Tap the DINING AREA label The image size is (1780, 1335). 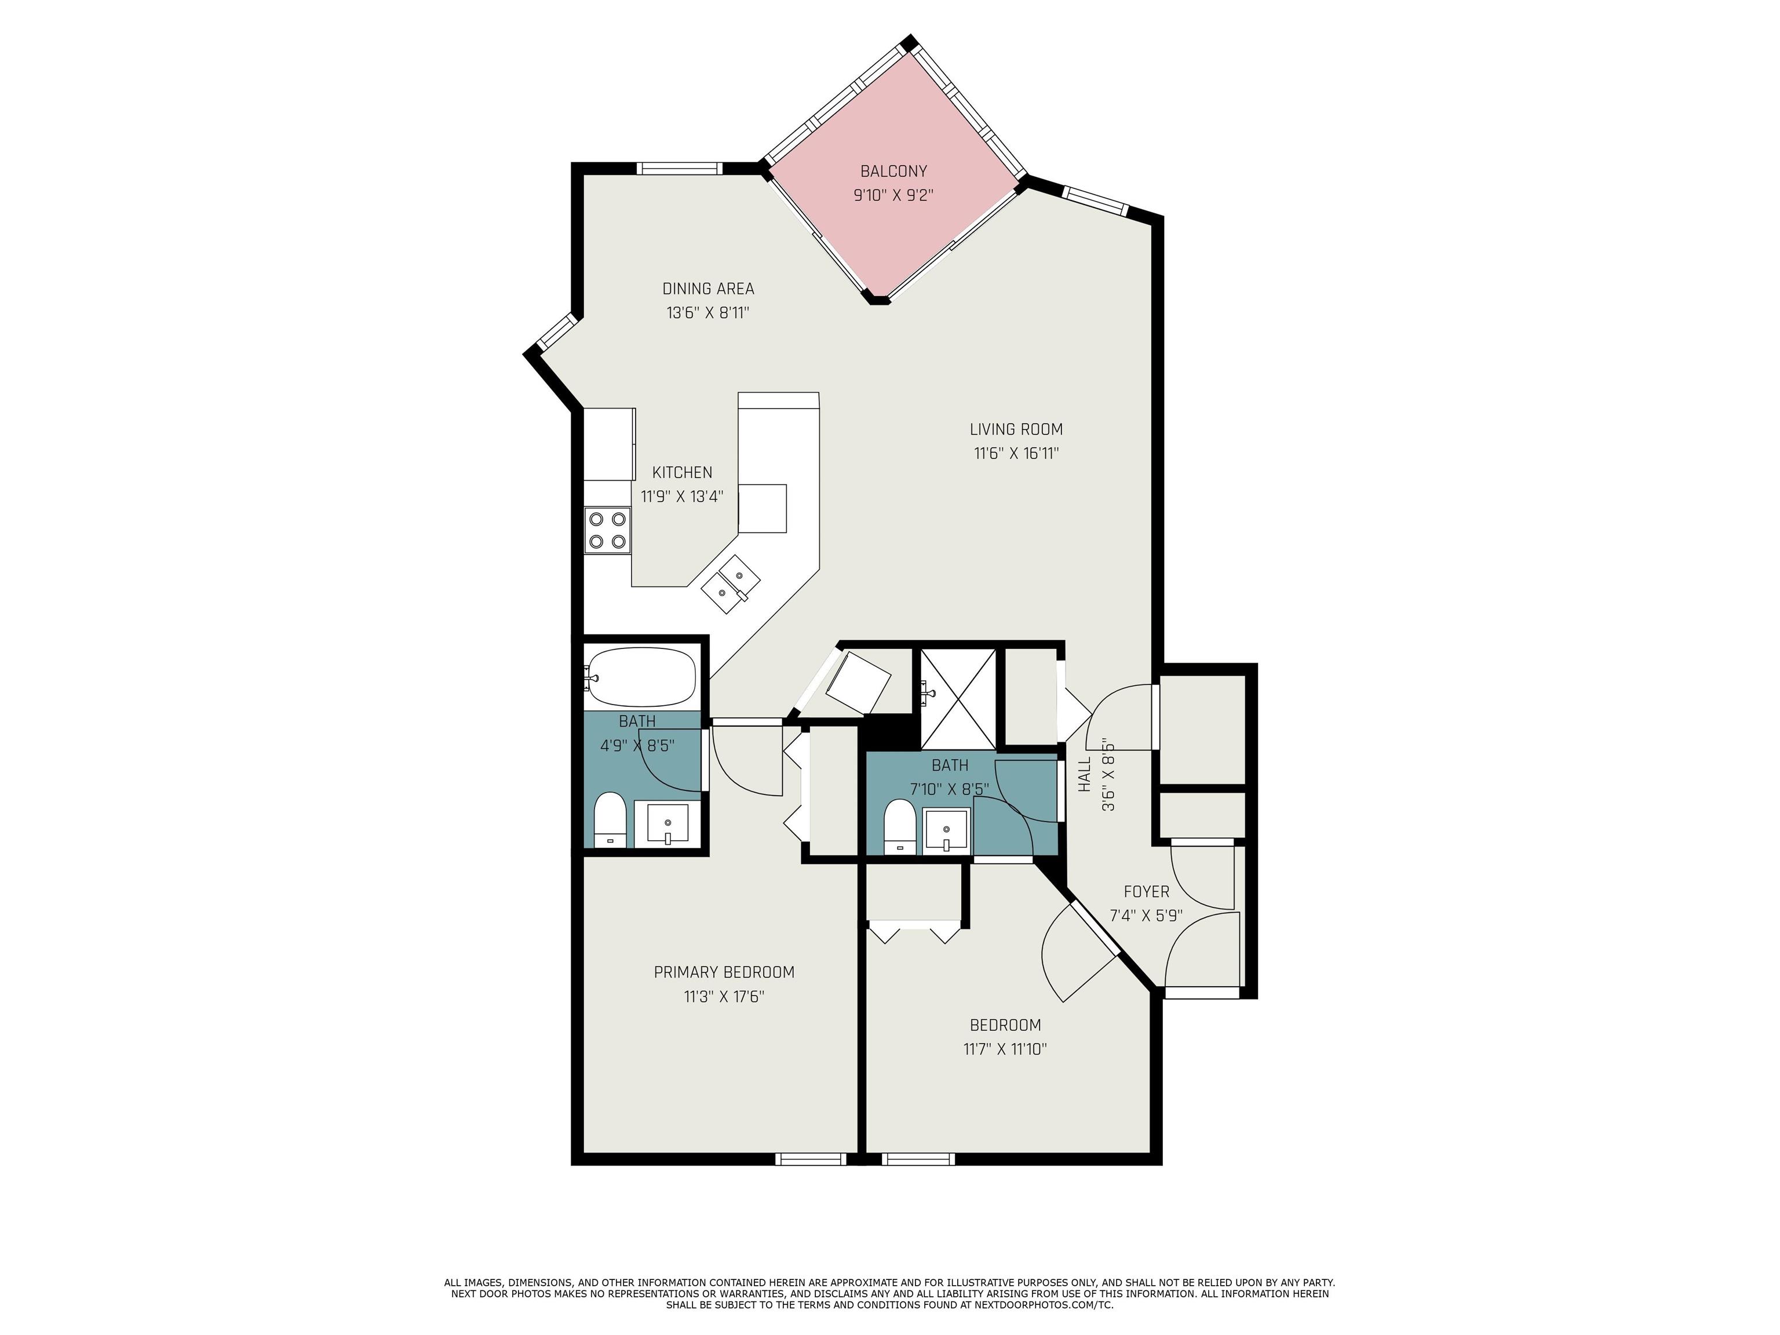pyautogui.click(x=708, y=288)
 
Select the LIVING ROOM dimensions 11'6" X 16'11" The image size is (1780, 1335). pyautogui.click(x=1016, y=453)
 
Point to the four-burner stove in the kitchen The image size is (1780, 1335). pyautogui.click(x=608, y=530)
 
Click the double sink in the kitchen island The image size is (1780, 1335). pyautogui.click(x=731, y=584)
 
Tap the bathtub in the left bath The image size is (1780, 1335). pyautogui.click(x=640, y=677)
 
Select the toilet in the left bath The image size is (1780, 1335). pyautogui.click(x=609, y=819)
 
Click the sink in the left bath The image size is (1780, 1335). pyautogui.click(x=667, y=824)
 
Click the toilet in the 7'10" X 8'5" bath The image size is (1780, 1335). pyautogui.click(x=900, y=826)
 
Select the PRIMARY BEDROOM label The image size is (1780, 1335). pyautogui.click(x=724, y=972)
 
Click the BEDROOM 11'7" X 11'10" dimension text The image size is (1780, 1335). pyautogui.click(x=1005, y=1049)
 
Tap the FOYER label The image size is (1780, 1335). pyautogui.click(x=1146, y=892)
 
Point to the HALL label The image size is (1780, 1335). pyautogui.click(x=1084, y=774)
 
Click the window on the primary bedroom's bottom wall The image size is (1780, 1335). pyautogui.click(x=811, y=1159)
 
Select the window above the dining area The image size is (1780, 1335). pyautogui.click(x=679, y=168)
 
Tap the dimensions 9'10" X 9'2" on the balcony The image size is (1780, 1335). pyautogui.click(x=893, y=195)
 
